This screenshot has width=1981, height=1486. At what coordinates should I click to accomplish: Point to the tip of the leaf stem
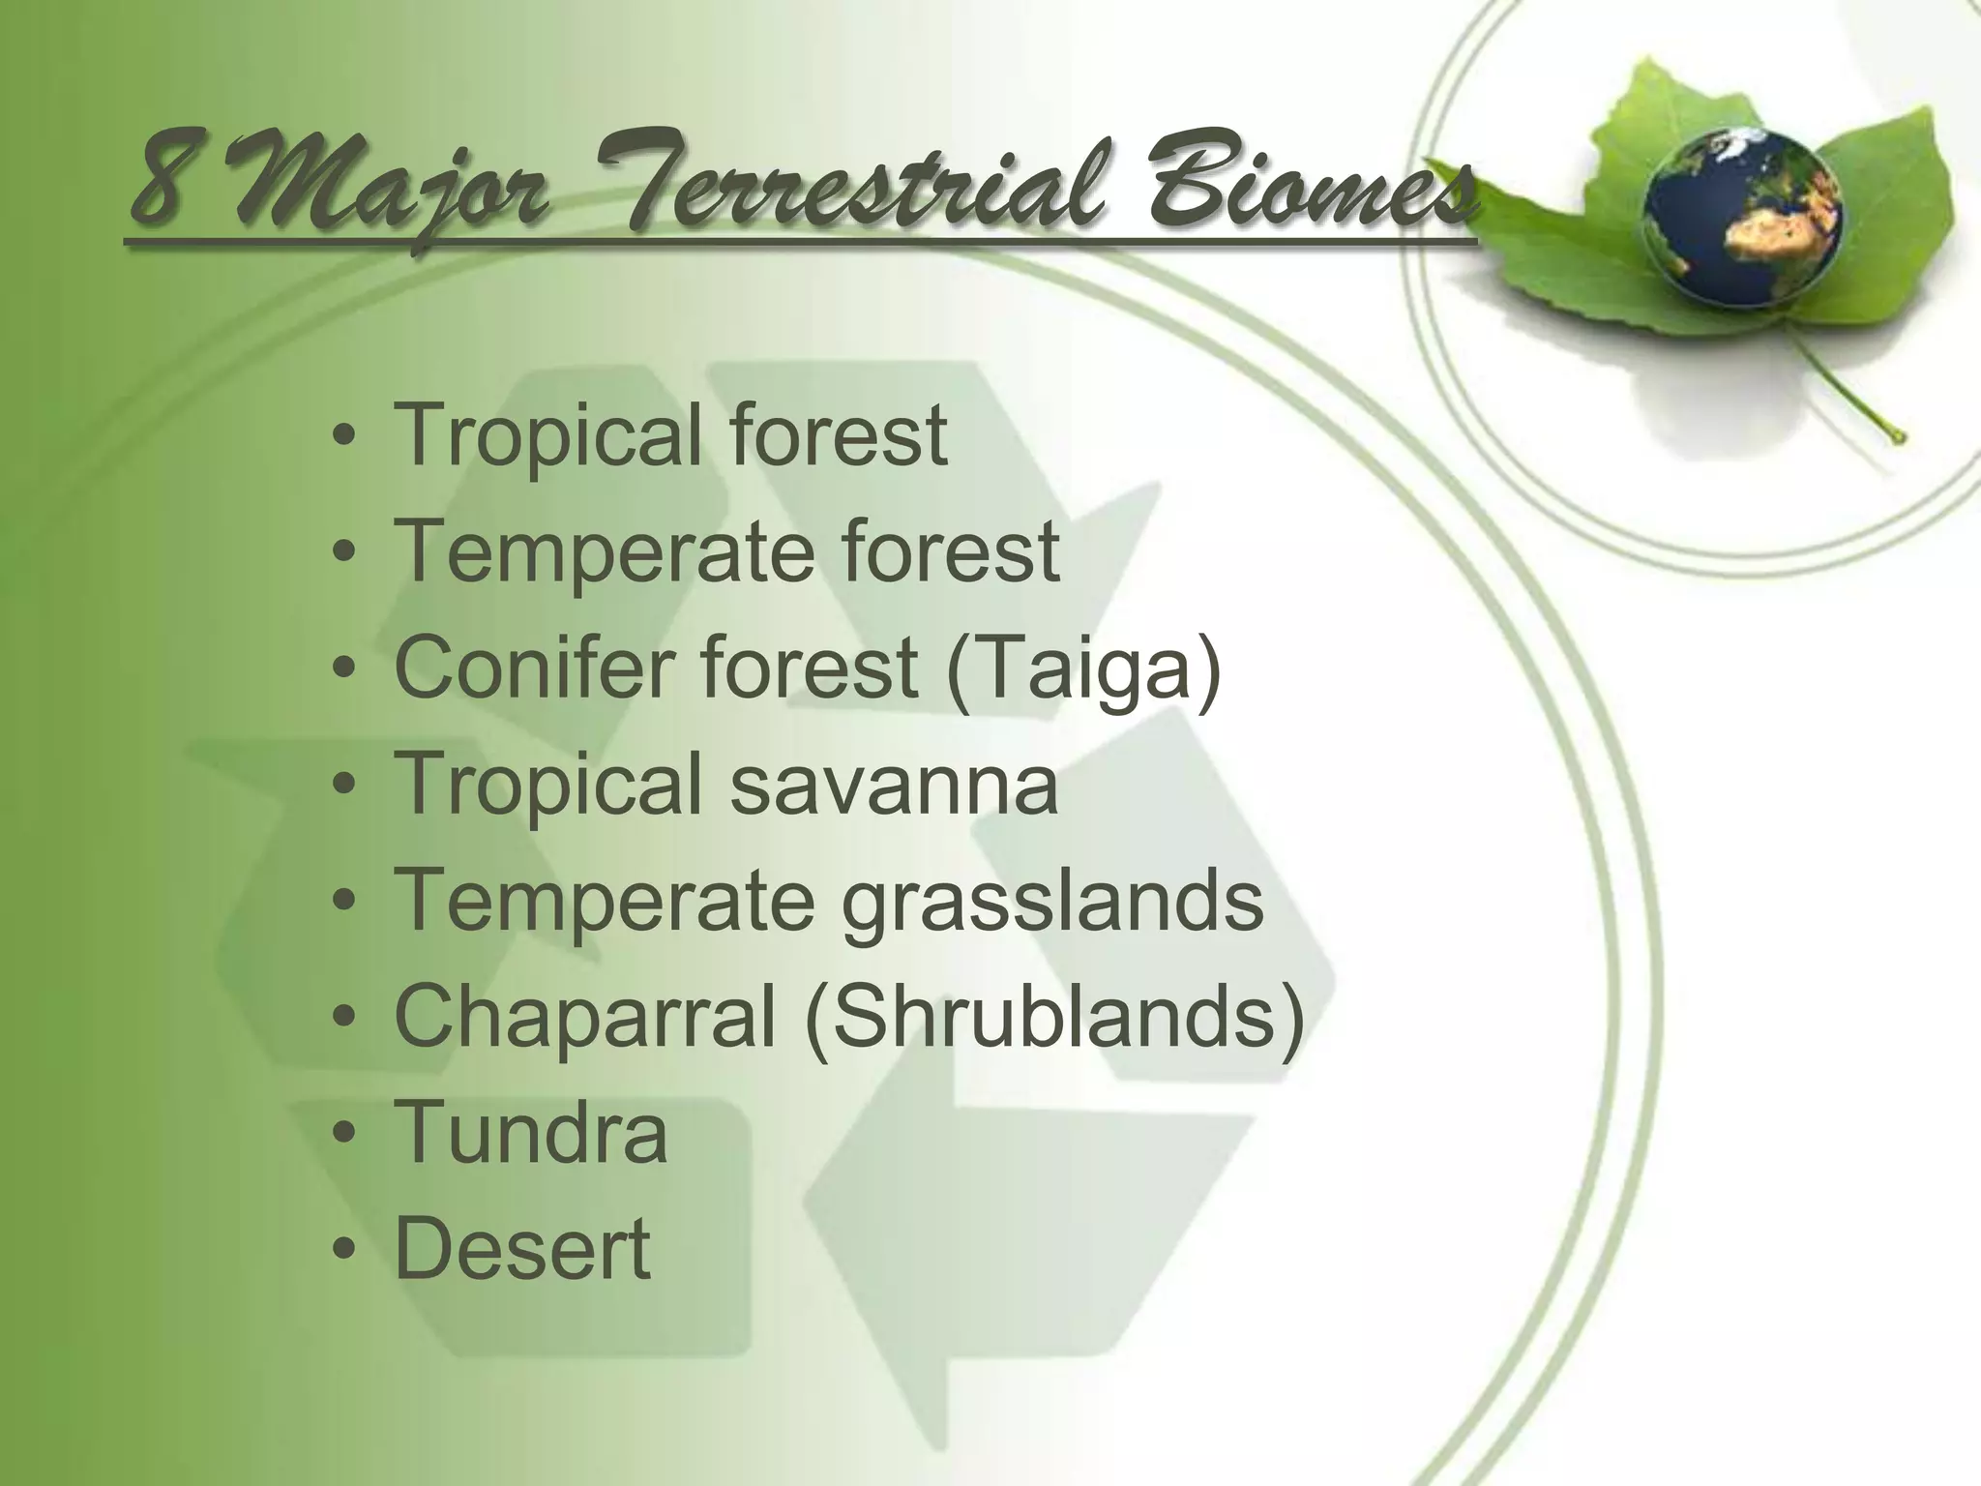[x=1900, y=437]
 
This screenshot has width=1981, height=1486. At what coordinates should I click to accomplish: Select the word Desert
[x=522, y=1249]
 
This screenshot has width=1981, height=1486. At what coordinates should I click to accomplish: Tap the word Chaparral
[x=585, y=1017]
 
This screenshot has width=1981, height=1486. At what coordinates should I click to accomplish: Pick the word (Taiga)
[x=1083, y=669]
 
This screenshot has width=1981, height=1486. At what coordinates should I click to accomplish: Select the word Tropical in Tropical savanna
[x=549, y=785]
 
